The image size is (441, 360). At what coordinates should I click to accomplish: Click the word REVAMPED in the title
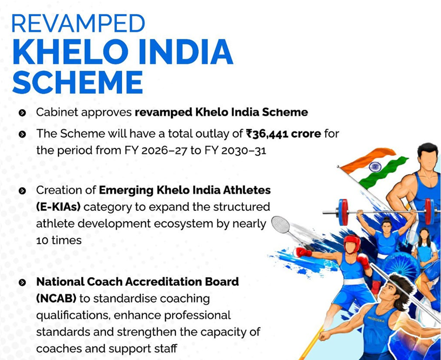click(x=78, y=24)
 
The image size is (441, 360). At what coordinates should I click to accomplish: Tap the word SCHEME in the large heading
click(x=77, y=82)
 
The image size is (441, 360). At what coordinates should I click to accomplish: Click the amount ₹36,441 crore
click(x=284, y=134)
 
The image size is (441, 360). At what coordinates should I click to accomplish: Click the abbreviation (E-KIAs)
click(x=58, y=207)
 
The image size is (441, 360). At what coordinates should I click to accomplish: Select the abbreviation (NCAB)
click(x=56, y=298)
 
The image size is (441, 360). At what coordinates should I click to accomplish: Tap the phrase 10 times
click(x=59, y=241)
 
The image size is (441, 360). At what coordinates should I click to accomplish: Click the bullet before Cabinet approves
click(x=22, y=113)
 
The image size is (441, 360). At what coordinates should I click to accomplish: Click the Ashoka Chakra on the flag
click(x=375, y=166)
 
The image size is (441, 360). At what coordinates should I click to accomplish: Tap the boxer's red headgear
click(x=352, y=243)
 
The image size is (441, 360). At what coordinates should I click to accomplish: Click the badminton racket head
click(x=280, y=224)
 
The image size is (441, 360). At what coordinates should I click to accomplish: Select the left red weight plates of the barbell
click(x=344, y=212)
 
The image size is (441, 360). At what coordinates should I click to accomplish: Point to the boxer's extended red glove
click(x=302, y=252)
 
